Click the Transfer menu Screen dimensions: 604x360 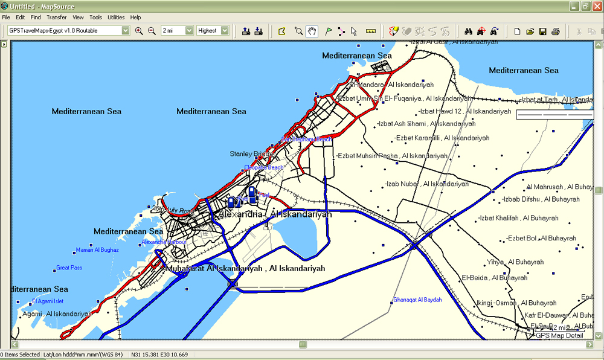[56, 18]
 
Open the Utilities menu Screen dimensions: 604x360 [116, 18]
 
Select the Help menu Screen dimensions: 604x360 [135, 18]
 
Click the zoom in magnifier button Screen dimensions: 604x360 [139, 31]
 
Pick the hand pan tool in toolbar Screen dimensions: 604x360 [312, 31]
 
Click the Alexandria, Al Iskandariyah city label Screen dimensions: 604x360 [275, 214]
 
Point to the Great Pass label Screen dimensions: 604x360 [69, 268]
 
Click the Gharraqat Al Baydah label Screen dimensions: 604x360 [417, 300]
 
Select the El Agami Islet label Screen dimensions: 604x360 [48, 301]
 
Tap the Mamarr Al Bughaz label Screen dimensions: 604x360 [97, 250]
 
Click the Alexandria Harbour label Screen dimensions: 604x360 [164, 242]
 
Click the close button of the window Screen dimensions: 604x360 [597, 5]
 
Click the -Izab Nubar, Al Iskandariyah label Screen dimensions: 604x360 [427, 184]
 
